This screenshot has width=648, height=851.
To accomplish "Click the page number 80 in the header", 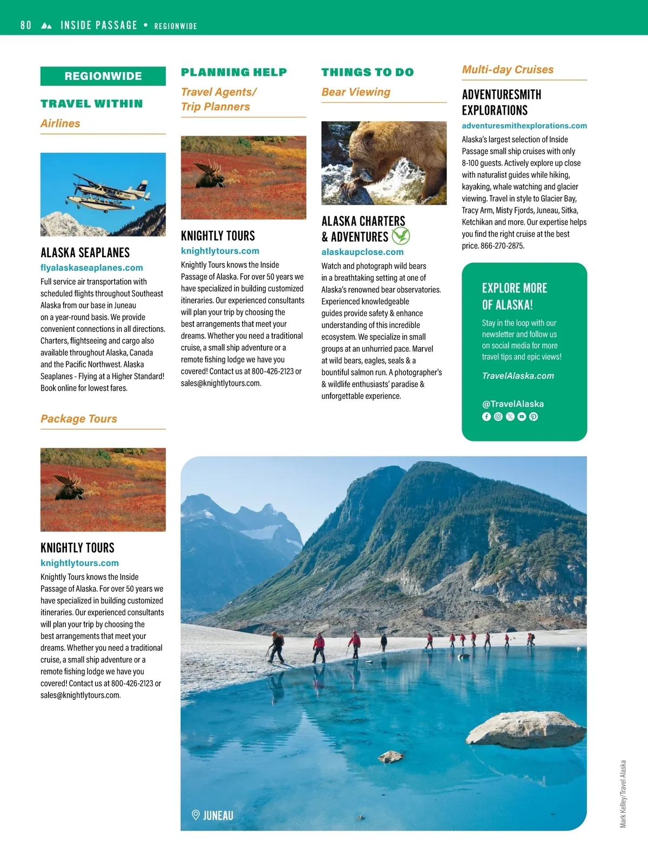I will (x=25, y=25).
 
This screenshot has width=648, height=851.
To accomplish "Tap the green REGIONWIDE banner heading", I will (x=103, y=76).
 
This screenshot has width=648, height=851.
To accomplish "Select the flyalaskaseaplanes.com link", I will (x=92, y=267).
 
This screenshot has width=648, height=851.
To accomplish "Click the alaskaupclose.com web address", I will (x=362, y=252).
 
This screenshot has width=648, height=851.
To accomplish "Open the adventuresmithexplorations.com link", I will (x=524, y=125).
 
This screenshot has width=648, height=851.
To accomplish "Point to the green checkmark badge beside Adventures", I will (x=400, y=236).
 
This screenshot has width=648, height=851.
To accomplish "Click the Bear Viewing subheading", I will (x=356, y=92).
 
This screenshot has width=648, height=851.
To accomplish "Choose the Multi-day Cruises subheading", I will (x=508, y=69).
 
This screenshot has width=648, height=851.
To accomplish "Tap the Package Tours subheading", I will (x=79, y=419).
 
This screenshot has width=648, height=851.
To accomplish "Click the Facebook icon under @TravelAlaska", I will (x=487, y=417).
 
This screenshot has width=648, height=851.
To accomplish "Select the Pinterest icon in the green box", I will (x=534, y=417).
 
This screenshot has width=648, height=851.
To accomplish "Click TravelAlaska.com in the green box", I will (x=518, y=376).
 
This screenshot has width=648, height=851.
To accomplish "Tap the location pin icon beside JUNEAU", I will (x=196, y=815).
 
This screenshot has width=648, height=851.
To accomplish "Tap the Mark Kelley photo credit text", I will (x=623, y=794).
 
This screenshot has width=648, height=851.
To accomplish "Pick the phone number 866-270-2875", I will (x=502, y=246).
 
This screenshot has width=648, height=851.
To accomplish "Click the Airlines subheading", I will (x=60, y=123).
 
